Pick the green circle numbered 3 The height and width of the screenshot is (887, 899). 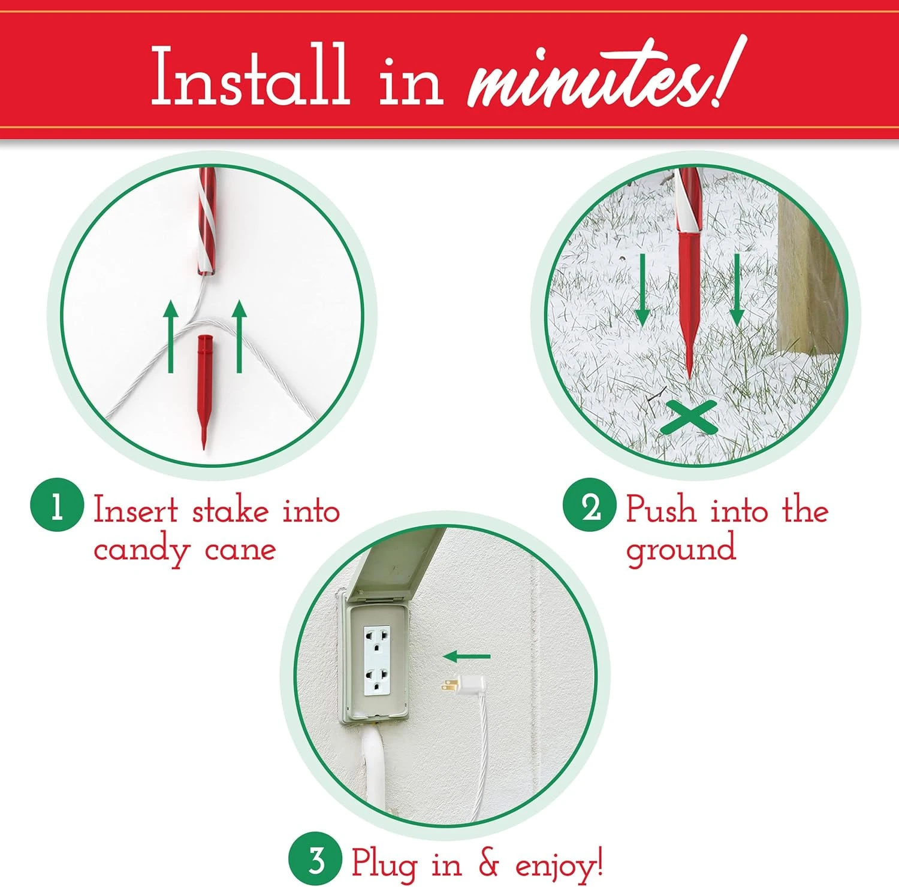point(315,860)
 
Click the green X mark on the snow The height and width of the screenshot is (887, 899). point(689,417)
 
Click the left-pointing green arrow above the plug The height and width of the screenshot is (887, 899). point(467,656)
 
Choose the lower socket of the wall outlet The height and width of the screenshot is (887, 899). point(376,680)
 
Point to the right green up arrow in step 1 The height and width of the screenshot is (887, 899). point(239,335)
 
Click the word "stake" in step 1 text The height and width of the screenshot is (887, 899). point(230,511)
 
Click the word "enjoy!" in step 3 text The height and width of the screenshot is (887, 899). point(559,864)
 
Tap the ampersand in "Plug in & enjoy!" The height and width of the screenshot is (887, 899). point(488,863)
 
